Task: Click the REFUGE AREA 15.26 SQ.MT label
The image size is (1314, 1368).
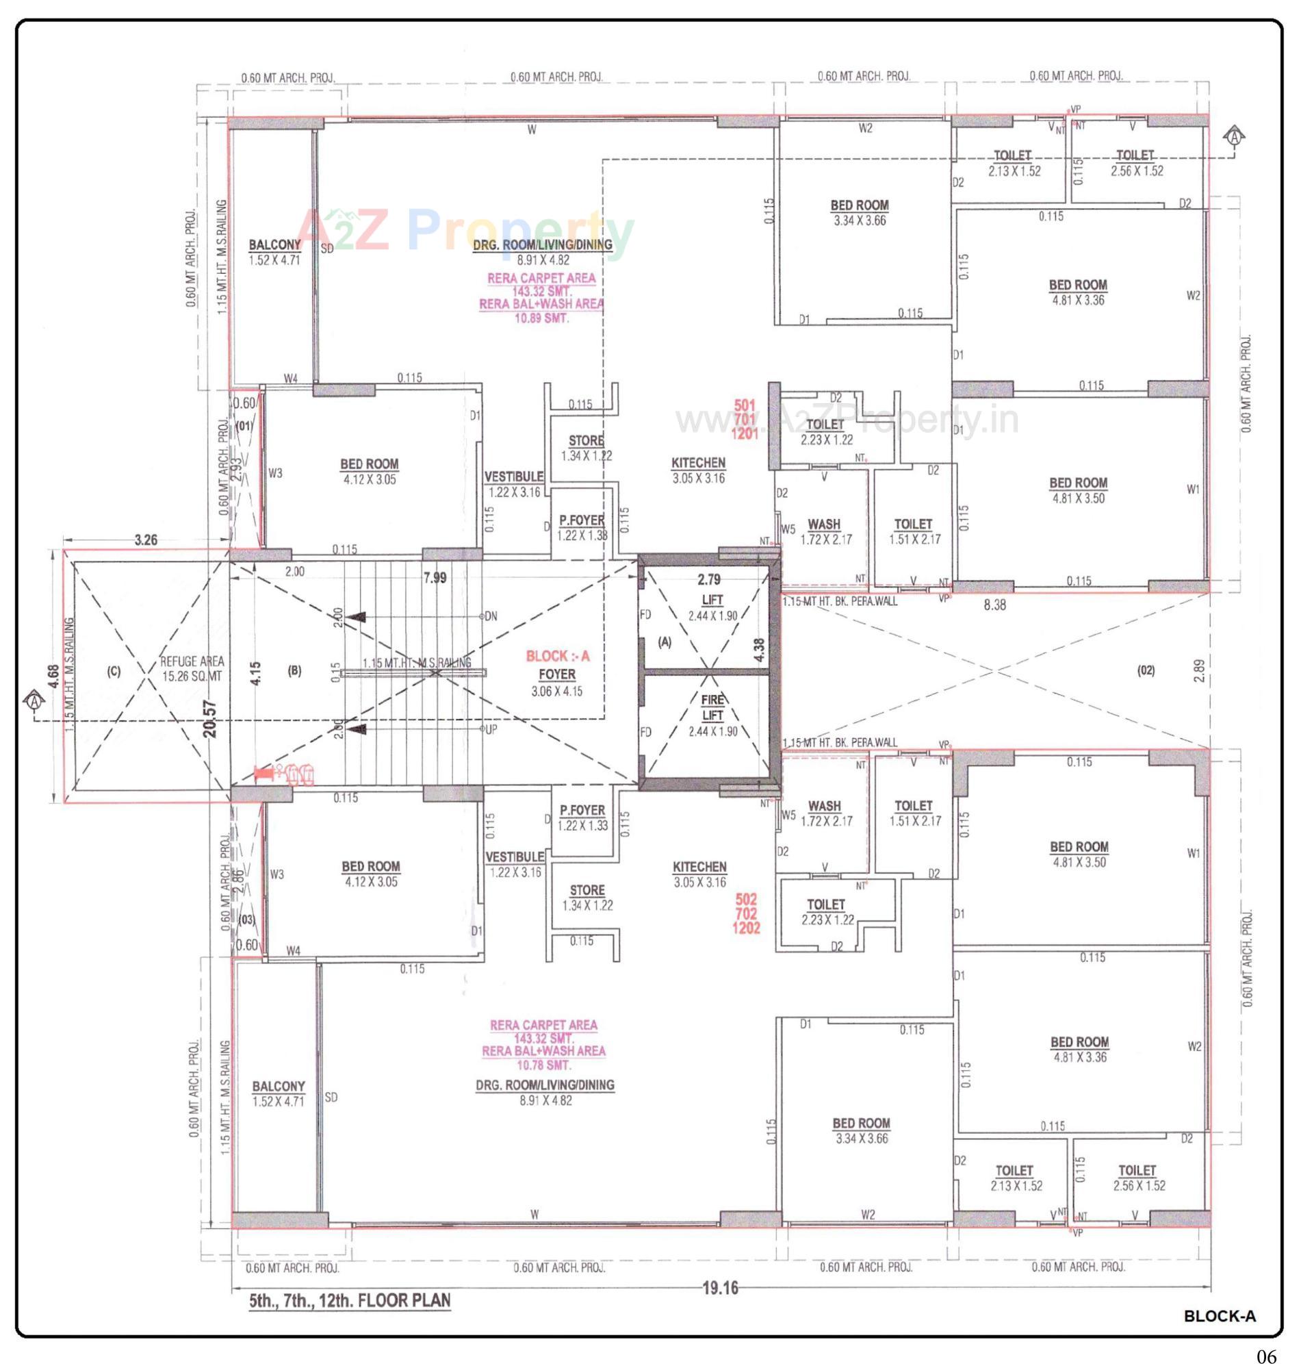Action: [x=192, y=668]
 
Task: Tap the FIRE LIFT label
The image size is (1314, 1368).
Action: [x=712, y=707]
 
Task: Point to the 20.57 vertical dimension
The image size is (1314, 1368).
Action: [x=211, y=718]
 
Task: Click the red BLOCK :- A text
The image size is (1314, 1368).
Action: [x=558, y=656]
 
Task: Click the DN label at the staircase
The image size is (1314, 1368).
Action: [x=491, y=616]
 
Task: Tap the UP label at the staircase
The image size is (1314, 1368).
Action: [x=491, y=729]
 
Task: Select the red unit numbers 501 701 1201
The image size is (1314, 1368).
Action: [x=745, y=419]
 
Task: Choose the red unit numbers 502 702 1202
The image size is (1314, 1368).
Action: [x=745, y=913]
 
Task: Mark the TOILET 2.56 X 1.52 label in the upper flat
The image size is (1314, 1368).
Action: [x=1136, y=163]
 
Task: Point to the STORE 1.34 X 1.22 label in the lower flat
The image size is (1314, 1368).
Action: [x=587, y=898]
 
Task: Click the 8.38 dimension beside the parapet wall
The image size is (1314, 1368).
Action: [x=994, y=605]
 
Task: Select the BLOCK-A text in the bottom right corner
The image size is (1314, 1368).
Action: [x=1219, y=1316]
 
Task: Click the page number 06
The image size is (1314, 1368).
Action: [x=1266, y=1356]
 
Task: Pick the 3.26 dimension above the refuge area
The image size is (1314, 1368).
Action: [x=146, y=540]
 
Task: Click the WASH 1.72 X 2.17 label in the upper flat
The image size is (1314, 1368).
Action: [x=824, y=531]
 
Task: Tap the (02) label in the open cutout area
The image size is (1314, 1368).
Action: [x=1146, y=671]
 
